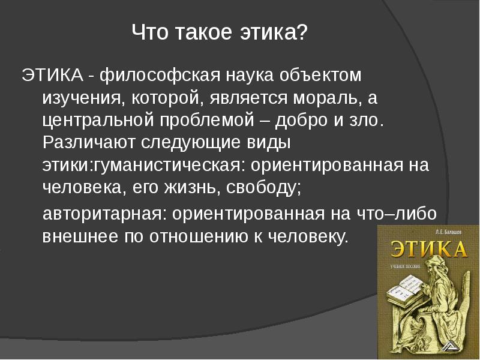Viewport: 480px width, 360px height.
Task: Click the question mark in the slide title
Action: tap(300, 34)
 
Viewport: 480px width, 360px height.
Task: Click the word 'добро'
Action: tap(302, 119)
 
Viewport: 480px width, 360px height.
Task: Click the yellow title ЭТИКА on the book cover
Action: tap(427, 250)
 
